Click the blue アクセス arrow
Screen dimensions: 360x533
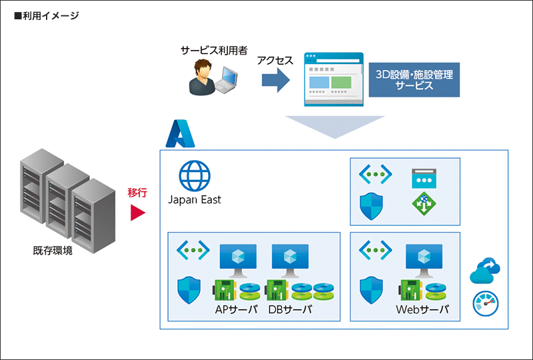[274, 81]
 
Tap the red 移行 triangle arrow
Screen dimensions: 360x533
[137, 213]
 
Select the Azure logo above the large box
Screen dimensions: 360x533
[179, 133]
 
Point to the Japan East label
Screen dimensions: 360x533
[195, 199]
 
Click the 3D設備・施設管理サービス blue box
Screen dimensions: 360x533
[414, 80]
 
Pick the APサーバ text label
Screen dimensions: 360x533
[236, 310]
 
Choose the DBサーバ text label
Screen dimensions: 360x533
[290, 310]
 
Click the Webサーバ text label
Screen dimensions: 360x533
[422, 310]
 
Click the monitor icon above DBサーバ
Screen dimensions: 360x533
[289, 259]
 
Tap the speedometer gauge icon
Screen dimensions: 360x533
[485, 303]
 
